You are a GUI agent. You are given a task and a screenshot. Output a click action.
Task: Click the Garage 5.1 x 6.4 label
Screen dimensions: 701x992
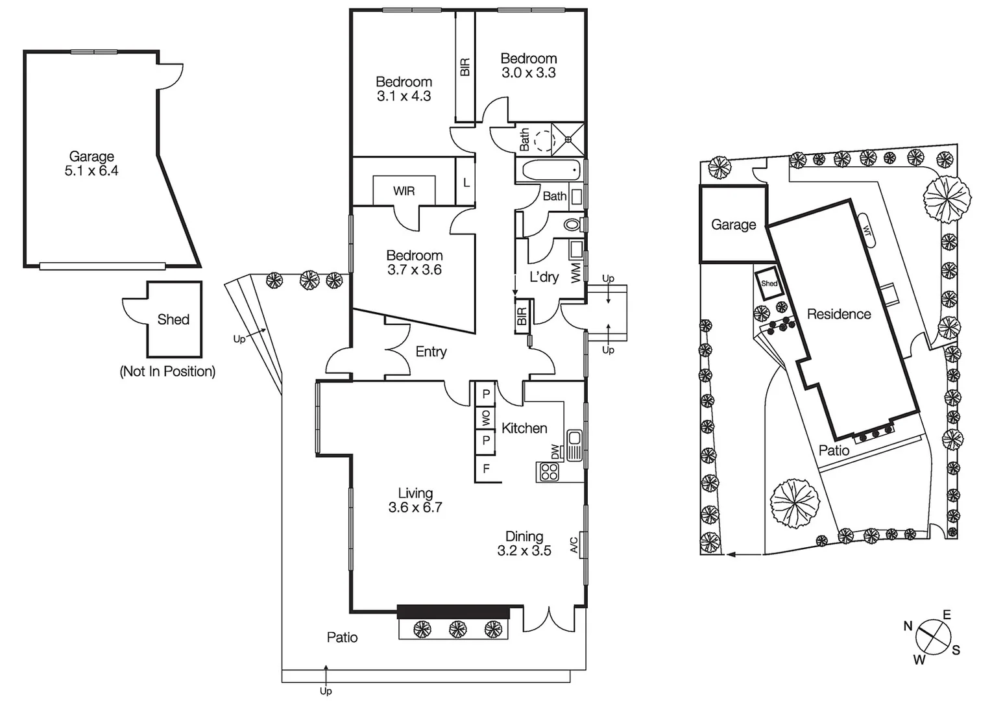click(91, 164)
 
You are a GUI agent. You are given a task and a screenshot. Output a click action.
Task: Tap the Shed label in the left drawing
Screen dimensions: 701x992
click(173, 319)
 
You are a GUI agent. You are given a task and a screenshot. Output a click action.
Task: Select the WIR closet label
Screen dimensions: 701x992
click(404, 191)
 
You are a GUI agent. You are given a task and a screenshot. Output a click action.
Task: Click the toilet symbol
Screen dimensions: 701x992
click(572, 225)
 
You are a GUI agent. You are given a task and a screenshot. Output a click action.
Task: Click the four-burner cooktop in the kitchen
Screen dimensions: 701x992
click(549, 472)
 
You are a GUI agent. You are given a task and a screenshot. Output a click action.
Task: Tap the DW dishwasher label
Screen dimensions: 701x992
click(555, 451)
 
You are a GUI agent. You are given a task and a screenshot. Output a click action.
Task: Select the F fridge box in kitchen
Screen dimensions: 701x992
click(486, 469)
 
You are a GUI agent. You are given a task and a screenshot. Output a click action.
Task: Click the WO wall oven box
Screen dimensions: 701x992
click(485, 417)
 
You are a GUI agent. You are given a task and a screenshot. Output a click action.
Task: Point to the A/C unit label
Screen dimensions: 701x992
click(574, 545)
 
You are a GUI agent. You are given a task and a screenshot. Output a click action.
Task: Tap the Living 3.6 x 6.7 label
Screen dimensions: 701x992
click(415, 500)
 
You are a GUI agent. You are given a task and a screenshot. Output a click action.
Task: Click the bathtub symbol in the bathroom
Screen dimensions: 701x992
click(550, 171)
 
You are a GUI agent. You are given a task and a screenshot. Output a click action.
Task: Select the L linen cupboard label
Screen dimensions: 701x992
click(466, 183)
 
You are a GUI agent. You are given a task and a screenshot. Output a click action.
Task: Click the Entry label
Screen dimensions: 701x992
click(431, 352)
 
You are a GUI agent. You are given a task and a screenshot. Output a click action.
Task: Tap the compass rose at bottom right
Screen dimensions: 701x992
click(933, 637)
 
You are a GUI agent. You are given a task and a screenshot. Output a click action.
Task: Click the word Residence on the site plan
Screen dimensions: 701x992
click(838, 314)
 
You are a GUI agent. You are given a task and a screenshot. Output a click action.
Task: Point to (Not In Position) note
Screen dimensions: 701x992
click(167, 371)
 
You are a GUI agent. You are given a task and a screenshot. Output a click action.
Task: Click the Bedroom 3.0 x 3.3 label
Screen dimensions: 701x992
click(528, 66)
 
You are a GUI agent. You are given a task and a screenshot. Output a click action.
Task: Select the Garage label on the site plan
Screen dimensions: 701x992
click(733, 225)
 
